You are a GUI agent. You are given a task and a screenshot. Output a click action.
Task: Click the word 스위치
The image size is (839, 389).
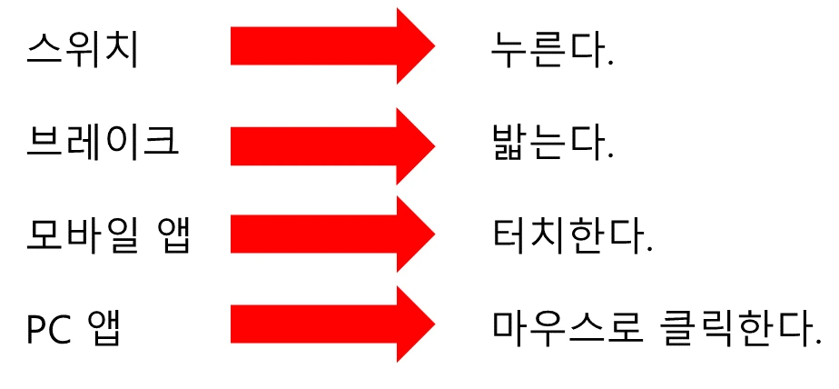click(83, 49)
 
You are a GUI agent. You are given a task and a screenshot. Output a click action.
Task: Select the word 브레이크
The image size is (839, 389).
click(102, 142)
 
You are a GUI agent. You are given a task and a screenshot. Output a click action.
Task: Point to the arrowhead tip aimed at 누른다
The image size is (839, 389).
click(433, 45)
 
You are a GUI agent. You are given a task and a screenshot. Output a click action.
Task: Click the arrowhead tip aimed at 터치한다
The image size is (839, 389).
click(433, 234)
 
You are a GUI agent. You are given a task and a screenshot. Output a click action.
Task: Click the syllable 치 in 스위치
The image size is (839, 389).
click(123, 49)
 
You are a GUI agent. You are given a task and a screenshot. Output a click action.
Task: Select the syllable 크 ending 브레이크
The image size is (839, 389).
click(163, 142)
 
